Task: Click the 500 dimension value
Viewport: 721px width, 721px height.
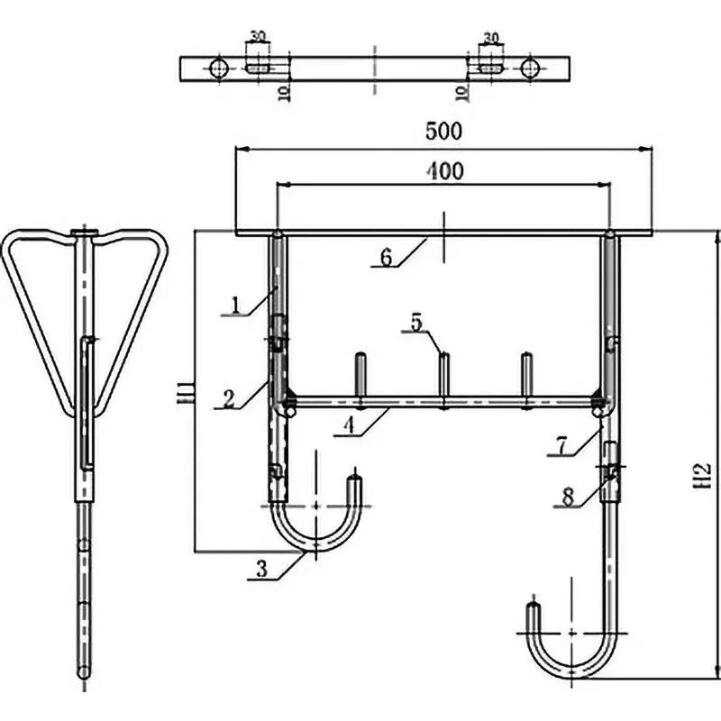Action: tap(443, 131)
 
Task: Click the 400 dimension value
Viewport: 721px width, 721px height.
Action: tap(443, 170)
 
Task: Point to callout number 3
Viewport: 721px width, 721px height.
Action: tap(260, 567)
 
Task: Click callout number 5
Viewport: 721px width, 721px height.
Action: tap(415, 322)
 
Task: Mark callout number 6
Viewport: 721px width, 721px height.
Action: tap(385, 257)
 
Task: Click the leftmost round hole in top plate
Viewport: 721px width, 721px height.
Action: tap(217, 68)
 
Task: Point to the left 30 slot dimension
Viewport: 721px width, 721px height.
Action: tap(258, 37)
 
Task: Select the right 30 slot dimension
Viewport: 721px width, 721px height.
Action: tap(491, 37)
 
